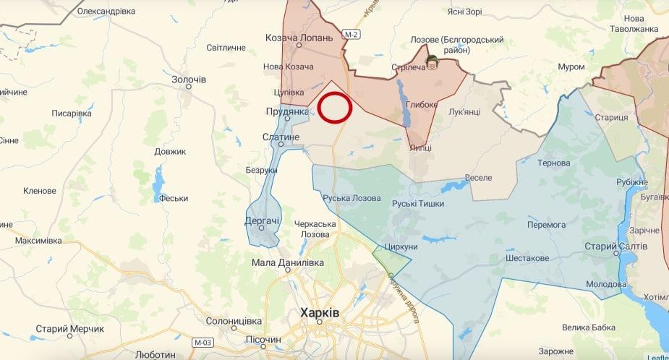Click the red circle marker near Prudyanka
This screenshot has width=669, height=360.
(336, 108)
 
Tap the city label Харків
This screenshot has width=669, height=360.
(319, 313)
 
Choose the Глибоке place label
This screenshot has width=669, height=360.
(422, 104)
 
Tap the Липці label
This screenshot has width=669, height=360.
(420, 147)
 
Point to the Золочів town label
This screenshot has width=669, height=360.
(189, 78)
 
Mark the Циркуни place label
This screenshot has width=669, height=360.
(402, 247)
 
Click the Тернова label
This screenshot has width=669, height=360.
(554, 163)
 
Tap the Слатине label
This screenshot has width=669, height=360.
(281, 137)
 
